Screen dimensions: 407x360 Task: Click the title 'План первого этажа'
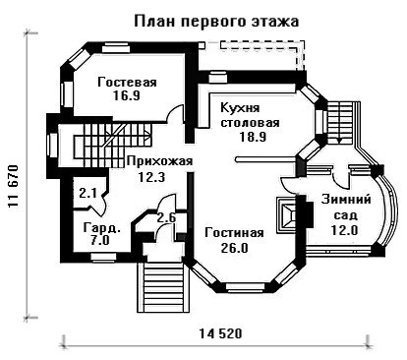coord(216,22)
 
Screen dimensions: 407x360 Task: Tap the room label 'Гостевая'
coord(127,82)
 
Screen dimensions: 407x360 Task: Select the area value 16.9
coord(127,95)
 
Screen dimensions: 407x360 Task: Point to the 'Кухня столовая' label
coord(250,115)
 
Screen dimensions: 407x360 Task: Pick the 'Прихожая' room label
coord(159,161)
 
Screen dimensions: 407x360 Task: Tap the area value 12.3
coord(151,177)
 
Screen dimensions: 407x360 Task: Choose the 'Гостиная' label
coord(234,233)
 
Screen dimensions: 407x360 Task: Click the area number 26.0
coord(234,248)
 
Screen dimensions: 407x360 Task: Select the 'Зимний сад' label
coord(346,208)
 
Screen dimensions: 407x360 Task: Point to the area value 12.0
coord(344,230)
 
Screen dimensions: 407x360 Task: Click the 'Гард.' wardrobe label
coord(102,227)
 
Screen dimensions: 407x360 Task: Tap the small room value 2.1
coord(87,194)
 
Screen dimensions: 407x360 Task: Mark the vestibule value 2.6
coord(167,217)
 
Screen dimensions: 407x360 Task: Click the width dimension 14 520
coord(220,333)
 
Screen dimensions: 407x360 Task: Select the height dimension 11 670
coord(13,186)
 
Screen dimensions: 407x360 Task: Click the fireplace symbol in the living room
coord(287,214)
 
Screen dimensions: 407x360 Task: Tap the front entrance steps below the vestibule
coord(160,286)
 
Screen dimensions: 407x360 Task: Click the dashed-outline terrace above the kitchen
coord(253,55)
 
